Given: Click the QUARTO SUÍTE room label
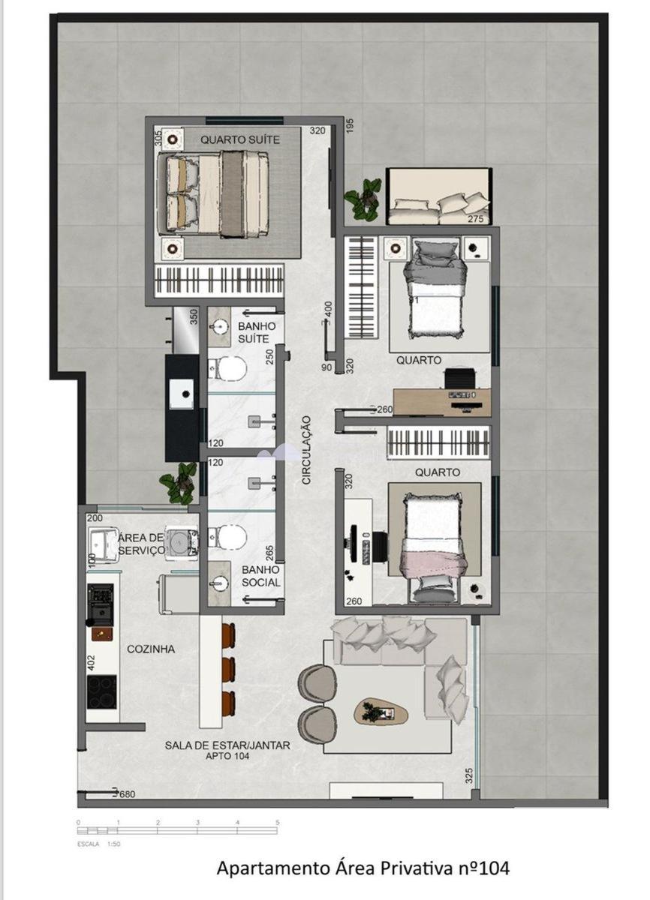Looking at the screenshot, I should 240,139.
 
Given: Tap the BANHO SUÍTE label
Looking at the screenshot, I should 257,333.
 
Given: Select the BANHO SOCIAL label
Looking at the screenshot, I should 261,576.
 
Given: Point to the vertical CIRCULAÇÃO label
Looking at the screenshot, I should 306,449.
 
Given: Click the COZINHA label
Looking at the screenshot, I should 150,649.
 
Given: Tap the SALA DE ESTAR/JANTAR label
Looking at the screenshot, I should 227,745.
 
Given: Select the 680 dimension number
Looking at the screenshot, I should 128,793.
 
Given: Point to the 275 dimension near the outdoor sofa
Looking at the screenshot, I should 476,219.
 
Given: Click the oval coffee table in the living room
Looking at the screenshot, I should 380,712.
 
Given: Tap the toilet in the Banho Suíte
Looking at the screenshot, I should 230,367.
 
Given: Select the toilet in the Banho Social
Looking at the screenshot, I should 230,535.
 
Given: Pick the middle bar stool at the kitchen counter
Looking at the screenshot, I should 228,669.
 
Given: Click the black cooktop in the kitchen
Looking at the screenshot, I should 101,692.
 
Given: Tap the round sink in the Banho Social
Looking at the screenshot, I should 220,583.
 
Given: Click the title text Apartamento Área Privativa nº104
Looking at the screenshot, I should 363,868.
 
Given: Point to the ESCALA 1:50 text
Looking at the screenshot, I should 97,844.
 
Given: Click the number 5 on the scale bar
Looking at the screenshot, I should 277,823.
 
